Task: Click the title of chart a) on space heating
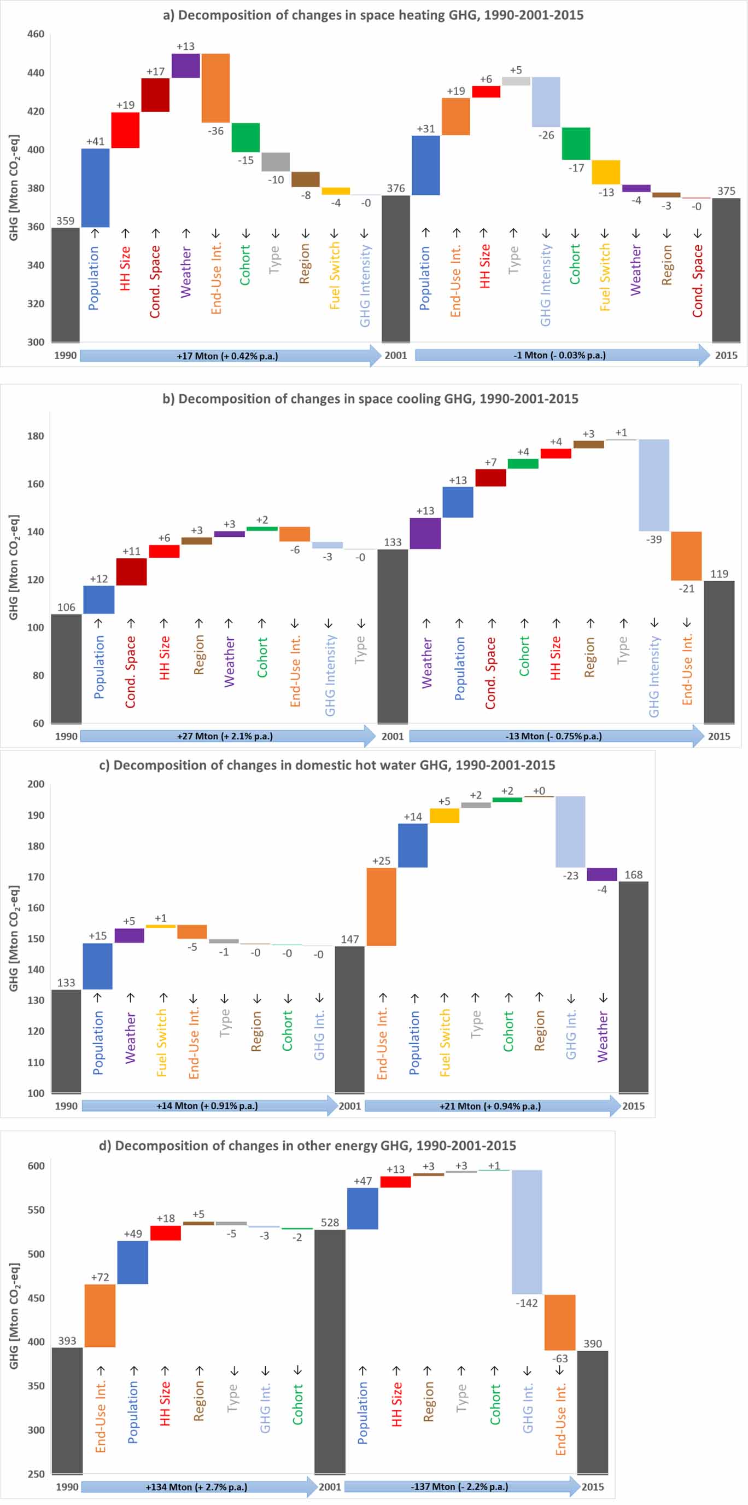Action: [x=373, y=15]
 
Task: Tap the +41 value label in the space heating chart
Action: [x=95, y=141]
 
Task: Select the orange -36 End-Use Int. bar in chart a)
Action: [x=215, y=88]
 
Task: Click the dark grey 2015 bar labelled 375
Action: [x=726, y=269]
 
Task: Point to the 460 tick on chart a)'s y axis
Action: [x=36, y=34]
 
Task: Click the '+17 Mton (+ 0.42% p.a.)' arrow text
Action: [x=227, y=356]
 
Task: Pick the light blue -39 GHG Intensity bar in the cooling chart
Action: [x=653, y=485]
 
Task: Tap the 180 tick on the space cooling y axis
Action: [x=36, y=436]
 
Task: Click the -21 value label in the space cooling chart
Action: [x=686, y=588]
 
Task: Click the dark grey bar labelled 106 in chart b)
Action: [x=66, y=668]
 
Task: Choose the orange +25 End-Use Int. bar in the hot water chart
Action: [x=381, y=906]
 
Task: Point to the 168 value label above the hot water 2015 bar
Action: [x=633, y=875]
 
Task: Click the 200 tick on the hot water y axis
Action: [x=36, y=784]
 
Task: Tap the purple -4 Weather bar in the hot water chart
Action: [x=601, y=874]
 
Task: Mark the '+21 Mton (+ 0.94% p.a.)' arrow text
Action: [x=490, y=1106]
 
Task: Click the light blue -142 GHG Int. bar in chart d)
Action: [x=527, y=1231]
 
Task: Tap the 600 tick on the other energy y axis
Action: [x=36, y=1166]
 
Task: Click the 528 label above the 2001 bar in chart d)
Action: [x=330, y=1222]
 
